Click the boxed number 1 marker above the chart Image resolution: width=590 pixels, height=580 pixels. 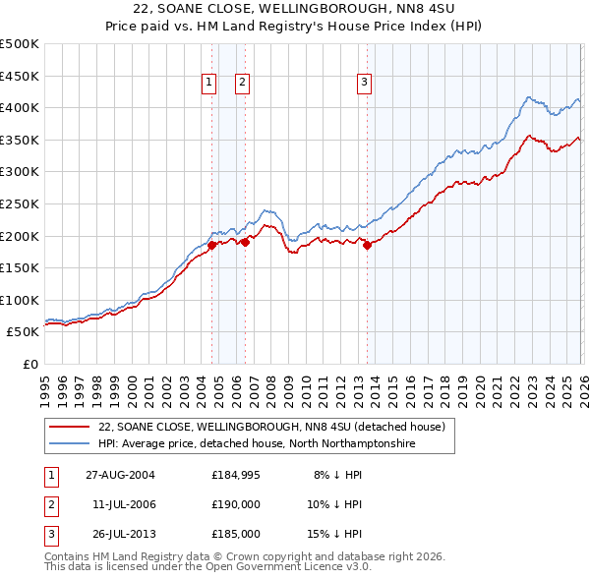pyautogui.click(x=210, y=84)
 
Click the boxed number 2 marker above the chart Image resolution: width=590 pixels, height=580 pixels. pyautogui.click(x=242, y=84)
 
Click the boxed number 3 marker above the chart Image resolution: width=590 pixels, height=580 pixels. pyautogui.click(x=364, y=84)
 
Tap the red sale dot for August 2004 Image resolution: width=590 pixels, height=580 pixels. pyautogui.click(x=212, y=246)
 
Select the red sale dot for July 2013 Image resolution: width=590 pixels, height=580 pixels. pyautogui.click(x=367, y=246)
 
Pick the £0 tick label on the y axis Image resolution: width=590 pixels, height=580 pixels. pyautogui.click(x=31, y=364)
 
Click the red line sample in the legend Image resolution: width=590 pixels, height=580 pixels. pyautogui.click(x=69, y=428)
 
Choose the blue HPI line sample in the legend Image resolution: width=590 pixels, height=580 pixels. pyautogui.click(x=69, y=444)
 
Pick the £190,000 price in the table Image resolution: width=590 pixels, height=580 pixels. pyautogui.click(x=236, y=504)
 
